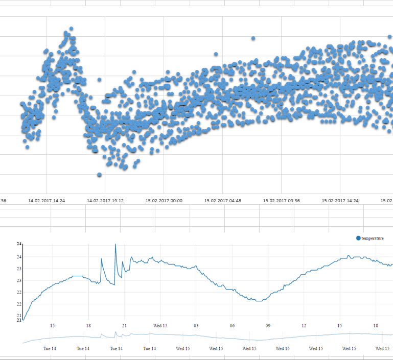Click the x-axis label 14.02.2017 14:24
[x=47, y=201]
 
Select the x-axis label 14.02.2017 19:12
[x=105, y=201]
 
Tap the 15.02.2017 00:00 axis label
[x=164, y=201]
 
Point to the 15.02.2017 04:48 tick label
[x=222, y=201]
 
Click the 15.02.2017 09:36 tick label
[x=281, y=201]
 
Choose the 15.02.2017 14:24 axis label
[x=340, y=201]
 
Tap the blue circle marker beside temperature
[x=358, y=238]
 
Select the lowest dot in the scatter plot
[x=100, y=175]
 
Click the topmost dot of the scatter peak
[x=71, y=29]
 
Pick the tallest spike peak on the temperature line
[x=115, y=245]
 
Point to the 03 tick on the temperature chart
[x=196, y=325]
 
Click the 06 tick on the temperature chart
[x=232, y=325]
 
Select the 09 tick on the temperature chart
[x=268, y=325]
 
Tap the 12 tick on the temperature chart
[x=304, y=325]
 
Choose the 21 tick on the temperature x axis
[x=124, y=325]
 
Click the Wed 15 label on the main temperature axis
[x=160, y=325]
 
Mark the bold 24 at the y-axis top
[x=19, y=244]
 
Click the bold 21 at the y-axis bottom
[x=19, y=320]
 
